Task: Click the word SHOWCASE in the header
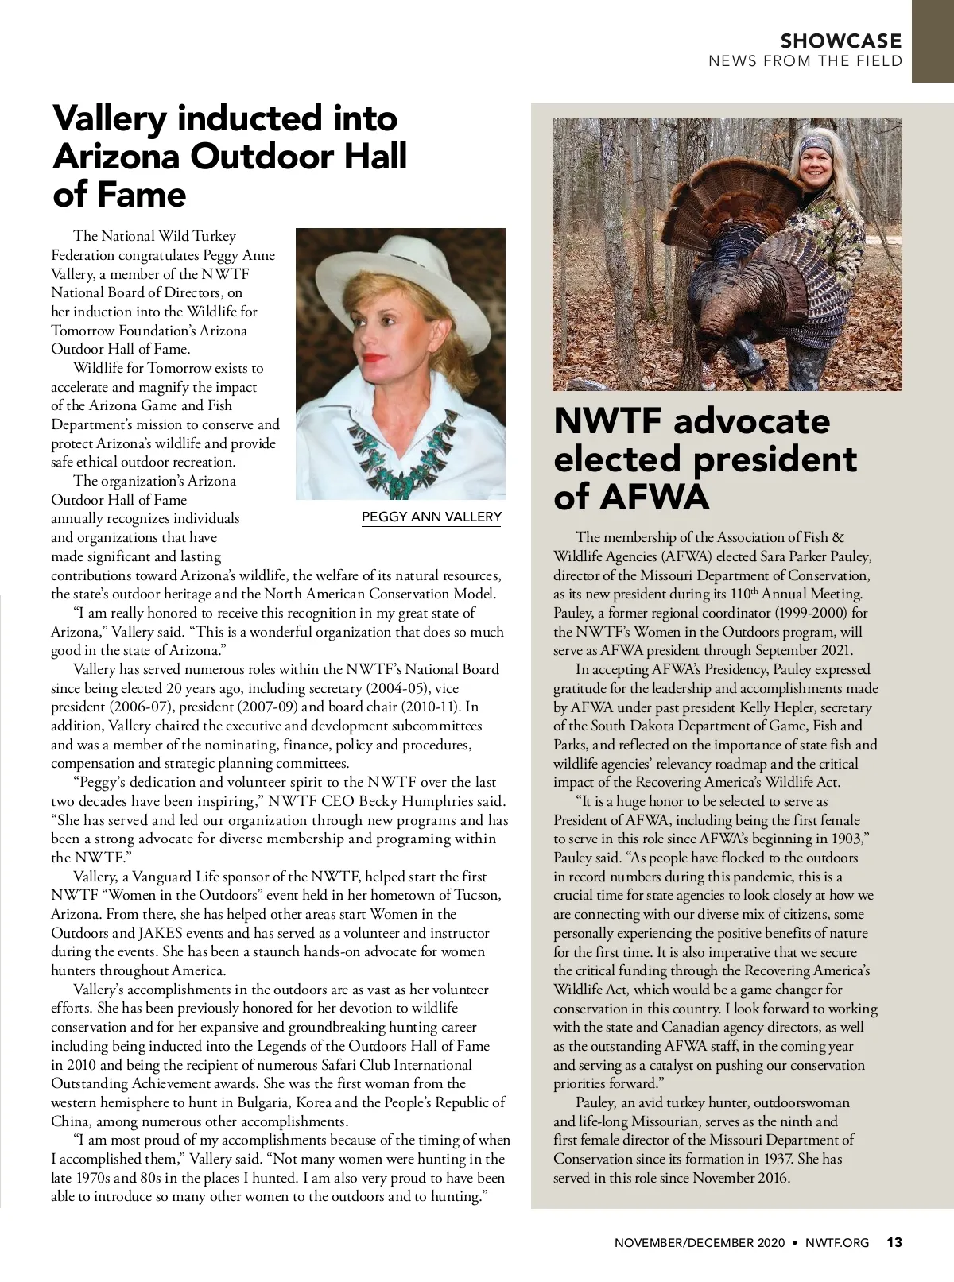click(x=841, y=41)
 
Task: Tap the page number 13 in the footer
click(x=894, y=1242)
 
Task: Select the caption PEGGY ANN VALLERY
click(x=432, y=517)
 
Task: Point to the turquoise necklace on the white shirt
click(x=397, y=445)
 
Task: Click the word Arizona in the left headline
click(x=115, y=157)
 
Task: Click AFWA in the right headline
click(x=653, y=497)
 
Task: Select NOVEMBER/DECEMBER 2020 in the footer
click(x=700, y=1243)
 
